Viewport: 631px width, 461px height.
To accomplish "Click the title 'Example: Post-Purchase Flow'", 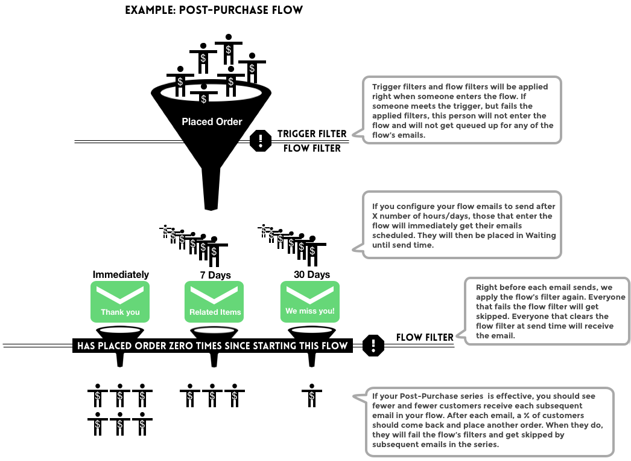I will click(x=214, y=10).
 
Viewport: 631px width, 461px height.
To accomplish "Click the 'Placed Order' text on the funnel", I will click(x=212, y=121).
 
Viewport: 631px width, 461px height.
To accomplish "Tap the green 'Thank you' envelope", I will click(x=120, y=301).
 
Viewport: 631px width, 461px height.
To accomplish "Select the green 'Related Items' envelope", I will click(x=215, y=301).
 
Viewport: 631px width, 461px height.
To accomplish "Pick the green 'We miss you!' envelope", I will click(x=310, y=301).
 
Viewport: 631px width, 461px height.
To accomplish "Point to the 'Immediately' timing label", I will click(x=121, y=274).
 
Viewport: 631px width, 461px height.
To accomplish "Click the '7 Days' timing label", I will click(x=215, y=275).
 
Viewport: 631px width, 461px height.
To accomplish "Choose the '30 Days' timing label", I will click(x=311, y=274).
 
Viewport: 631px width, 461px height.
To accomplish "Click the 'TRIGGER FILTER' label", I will click(x=312, y=134).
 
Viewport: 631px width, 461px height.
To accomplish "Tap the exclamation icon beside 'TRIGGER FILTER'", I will click(x=260, y=141).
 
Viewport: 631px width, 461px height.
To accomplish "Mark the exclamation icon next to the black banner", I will click(x=374, y=345).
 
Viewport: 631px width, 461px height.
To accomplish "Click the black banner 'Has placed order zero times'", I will click(x=212, y=346).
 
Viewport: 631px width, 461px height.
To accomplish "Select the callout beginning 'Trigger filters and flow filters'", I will click(x=462, y=110).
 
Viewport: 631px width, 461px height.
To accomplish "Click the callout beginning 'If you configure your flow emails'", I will click(x=462, y=225).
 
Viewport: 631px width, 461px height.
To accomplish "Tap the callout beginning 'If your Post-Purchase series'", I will click(x=489, y=422).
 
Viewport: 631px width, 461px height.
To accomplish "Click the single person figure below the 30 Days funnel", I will click(x=311, y=395).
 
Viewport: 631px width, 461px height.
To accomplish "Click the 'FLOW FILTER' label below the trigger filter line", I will click(x=312, y=148).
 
